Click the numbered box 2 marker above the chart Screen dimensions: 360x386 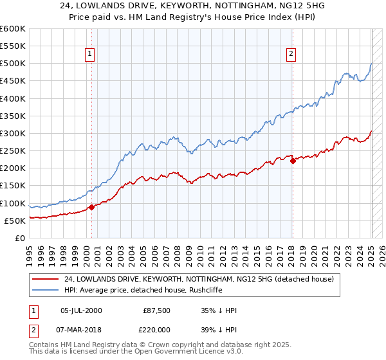pyautogui.click(x=291, y=54)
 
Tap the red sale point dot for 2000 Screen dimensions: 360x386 pyautogui.click(x=91, y=207)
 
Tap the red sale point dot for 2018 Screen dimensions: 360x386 pyautogui.click(x=293, y=161)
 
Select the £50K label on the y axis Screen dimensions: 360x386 pyautogui.click(x=15, y=221)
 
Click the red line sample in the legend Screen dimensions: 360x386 pyautogui.click(x=46, y=279)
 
